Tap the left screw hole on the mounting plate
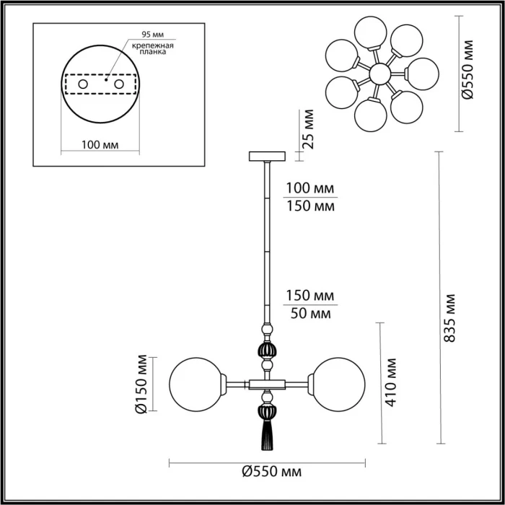click(84, 85)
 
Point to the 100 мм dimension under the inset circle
click(101, 144)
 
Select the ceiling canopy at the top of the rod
click(266, 156)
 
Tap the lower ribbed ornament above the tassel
click(266, 412)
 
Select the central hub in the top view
click(378, 73)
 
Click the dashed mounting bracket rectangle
click(101, 85)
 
